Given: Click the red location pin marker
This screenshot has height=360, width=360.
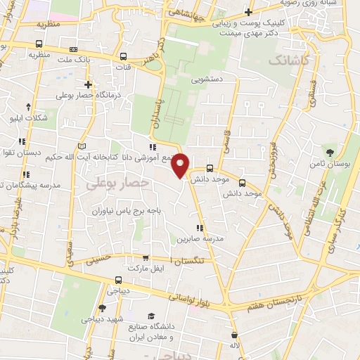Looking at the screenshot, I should click(x=181, y=165).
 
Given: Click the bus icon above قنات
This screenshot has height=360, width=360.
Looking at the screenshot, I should click(x=124, y=57).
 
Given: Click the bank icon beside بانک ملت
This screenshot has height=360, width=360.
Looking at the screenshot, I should click(x=74, y=50).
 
